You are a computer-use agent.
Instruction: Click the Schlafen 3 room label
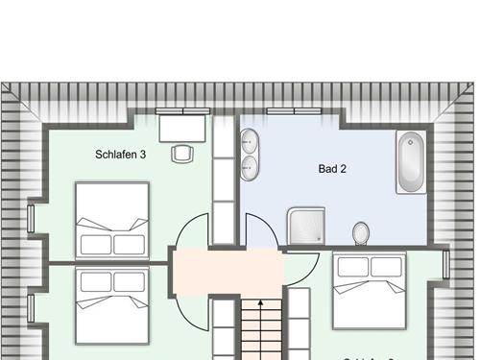121,154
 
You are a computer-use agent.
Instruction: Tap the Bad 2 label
332,169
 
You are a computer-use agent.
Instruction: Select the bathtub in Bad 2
414,161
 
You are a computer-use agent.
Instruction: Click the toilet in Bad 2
361,232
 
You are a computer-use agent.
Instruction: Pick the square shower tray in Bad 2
309,227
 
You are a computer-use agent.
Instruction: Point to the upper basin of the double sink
249,140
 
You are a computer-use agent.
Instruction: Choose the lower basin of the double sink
249,168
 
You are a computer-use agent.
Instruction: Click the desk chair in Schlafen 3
181,152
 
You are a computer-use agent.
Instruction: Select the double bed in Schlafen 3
113,219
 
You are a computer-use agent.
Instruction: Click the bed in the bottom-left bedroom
113,304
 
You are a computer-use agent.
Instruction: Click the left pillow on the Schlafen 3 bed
96,244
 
